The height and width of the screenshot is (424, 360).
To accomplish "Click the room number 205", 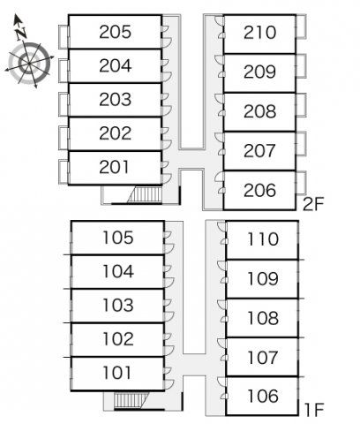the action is (x=115, y=32).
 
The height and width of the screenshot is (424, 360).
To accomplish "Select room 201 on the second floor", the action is (x=115, y=167).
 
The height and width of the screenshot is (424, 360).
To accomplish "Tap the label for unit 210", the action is (x=259, y=33).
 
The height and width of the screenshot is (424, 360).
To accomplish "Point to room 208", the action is (x=259, y=111).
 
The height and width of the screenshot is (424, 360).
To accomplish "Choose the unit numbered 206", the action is (x=259, y=190).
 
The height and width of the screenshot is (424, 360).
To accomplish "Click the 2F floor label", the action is (x=313, y=204).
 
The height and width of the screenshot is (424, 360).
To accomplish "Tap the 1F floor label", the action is (x=314, y=410).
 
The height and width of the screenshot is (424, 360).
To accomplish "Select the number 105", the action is (x=118, y=238).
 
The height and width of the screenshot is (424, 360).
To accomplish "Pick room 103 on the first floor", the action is (x=118, y=305).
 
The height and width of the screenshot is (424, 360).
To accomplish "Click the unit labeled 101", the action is (x=117, y=373).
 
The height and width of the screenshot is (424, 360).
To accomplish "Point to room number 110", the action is (x=263, y=238).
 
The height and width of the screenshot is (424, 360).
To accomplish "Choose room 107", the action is (x=263, y=357).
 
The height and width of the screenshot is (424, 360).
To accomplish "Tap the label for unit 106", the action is (x=263, y=396).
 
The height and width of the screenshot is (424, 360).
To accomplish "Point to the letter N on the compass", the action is (x=21, y=34).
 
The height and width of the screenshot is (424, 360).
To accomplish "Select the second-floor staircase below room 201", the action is (x=145, y=194).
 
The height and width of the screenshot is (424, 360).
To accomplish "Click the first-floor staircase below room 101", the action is (x=130, y=400).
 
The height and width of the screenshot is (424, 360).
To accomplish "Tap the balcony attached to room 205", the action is (x=64, y=37).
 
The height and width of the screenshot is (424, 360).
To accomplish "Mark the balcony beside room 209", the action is (x=301, y=66).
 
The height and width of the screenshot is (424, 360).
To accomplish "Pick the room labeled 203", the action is (x=115, y=99).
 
